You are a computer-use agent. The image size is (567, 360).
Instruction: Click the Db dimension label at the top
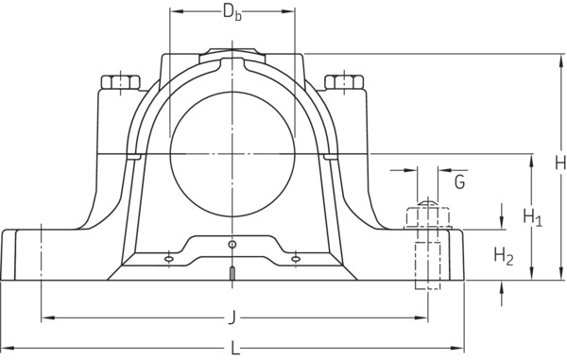(x=232, y=13)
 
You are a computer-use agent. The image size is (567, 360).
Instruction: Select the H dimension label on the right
(x=560, y=163)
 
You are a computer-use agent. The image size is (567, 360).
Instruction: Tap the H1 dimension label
(x=533, y=217)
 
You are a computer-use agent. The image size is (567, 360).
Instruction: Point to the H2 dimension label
(x=504, y=256)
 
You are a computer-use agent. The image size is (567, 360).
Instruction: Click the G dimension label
(x=459, y=181)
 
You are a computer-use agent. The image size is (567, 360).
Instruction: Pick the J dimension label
(x=232, y=318)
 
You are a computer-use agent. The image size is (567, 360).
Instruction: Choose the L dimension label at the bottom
(x=235, y=349)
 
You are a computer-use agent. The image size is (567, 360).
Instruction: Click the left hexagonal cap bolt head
(x=120, y=82)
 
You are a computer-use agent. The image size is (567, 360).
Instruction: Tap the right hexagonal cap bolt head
(x=344, y=82)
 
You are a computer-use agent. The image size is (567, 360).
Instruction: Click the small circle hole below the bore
(x=232, y=245)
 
